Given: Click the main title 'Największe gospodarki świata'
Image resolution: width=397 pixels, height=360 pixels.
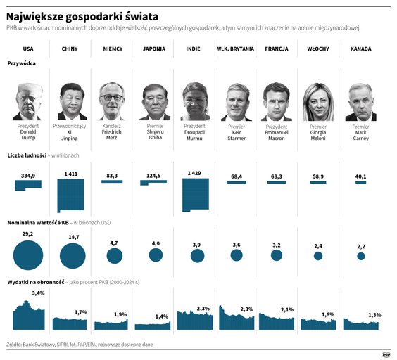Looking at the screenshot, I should click(82, 15).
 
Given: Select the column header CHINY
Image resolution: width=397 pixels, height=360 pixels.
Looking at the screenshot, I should click(70, 49).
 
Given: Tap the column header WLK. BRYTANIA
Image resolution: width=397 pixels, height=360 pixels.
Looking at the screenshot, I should click(235, 49).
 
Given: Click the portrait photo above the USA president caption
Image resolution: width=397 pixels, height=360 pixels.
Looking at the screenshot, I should click(28, 101).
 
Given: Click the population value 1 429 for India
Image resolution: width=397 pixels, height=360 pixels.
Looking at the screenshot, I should click(195, 173).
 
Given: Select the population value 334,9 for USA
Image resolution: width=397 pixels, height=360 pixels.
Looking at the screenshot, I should click(28, 176).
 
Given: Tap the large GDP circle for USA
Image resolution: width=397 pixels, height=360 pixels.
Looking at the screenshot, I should click(28, 255).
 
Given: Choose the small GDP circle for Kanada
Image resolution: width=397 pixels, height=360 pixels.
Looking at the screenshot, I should click(361, 257).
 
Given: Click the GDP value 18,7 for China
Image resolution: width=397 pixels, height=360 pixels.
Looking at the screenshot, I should click(73, 238).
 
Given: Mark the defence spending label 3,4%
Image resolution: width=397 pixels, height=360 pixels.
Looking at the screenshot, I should click(38, 293).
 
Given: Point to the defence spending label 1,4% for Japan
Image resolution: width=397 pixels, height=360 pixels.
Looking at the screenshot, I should click(162, 317).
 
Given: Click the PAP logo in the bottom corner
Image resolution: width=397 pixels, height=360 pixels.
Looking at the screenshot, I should click(386, 354).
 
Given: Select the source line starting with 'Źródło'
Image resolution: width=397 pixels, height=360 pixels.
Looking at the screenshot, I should click(79, 345).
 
